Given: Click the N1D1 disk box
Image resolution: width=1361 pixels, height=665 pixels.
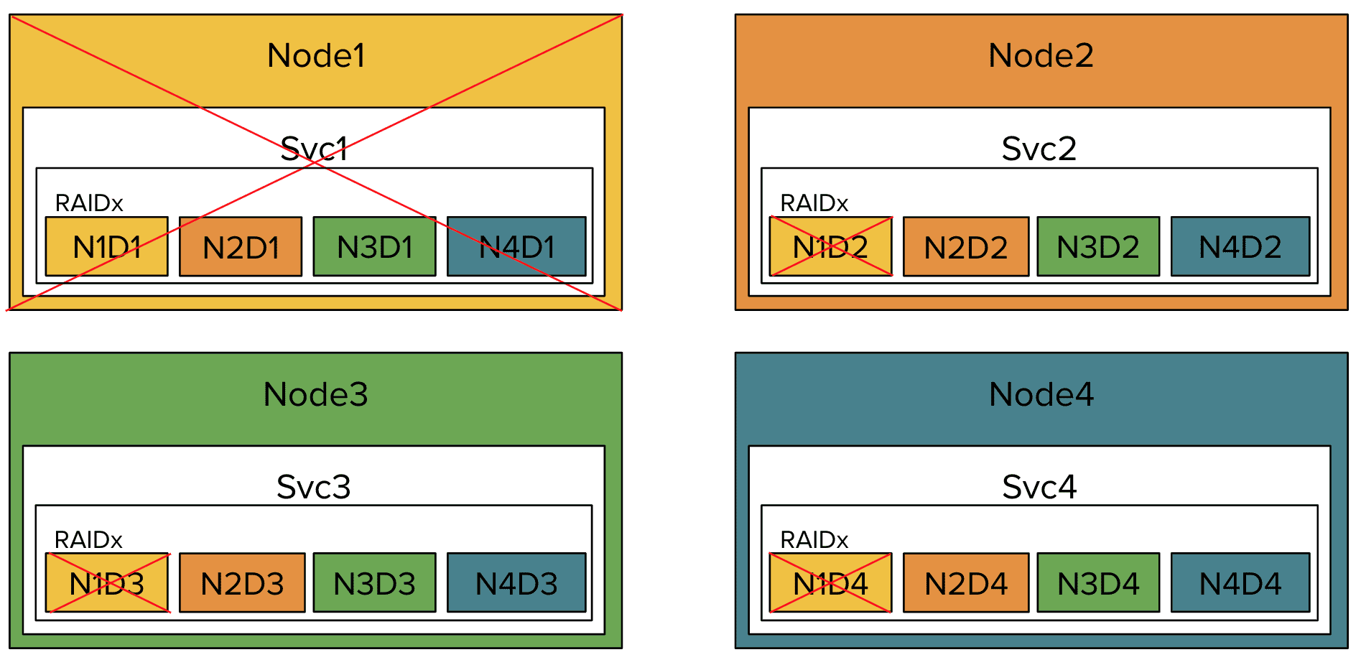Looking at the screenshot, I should click(x=106, y=247).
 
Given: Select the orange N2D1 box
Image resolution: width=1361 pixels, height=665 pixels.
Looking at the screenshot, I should click(x=241, y=247).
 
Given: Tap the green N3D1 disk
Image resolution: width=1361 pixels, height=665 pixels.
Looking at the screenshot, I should click(x=374, y=247).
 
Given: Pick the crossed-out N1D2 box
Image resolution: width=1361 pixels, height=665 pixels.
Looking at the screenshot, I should click(x=830, y=247).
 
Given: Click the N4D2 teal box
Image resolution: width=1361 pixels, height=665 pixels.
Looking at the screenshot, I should click(x=1240, y=247).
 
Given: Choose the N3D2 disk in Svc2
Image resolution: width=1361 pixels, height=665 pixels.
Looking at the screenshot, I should click(x=1097, y=247).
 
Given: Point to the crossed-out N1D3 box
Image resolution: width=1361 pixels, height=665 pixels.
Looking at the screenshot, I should click(x=106, y=583).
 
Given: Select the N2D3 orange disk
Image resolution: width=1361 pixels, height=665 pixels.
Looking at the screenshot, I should click(x=242, y=583).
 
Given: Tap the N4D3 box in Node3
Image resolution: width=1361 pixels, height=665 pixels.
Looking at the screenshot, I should click(x=516, y=583).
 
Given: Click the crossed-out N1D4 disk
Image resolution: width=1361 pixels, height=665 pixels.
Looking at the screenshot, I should click(x=830, y=583).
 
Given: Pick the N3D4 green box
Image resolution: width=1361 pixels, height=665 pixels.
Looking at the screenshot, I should click(x=1097, y=583).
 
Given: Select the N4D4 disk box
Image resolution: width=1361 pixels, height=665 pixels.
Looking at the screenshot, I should click(x=1240, y=583).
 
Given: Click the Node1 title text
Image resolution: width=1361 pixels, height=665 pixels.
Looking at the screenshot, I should click(x=316, y=55).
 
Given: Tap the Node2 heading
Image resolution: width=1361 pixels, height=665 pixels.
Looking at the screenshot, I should click(x=1041, y=55).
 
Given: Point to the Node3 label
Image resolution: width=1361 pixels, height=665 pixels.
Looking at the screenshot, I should click(x=316, y=394).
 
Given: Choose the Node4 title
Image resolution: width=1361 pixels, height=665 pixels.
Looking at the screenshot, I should click(x=1041, y=394).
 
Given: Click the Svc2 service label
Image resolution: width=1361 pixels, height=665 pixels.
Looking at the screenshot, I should click(x=1039, y=149).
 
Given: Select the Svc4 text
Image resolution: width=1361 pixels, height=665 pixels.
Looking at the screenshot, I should click(x=1039, y=487).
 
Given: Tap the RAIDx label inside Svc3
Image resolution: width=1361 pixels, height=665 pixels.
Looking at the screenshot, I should click(x=88, y=539).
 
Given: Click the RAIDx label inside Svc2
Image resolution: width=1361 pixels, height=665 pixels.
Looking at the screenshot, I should click(x=814, y=203).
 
